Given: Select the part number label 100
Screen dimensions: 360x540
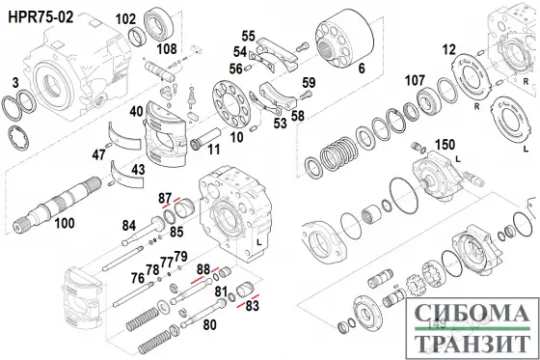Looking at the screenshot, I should pos(64,224).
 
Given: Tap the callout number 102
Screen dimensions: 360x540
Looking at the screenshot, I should pos(125,18).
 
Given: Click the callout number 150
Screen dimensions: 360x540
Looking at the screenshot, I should pos(445,145).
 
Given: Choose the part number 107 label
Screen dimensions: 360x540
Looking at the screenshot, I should pos(414,79).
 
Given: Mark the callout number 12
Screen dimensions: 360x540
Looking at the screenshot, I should pos(448,49).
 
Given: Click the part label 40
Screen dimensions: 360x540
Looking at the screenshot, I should pos(138,111).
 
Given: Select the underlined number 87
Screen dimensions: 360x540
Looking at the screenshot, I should pos(165,197).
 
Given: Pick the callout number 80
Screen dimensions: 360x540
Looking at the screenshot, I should pos(209,325).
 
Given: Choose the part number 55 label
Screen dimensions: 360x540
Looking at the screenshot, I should pos(248,36).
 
